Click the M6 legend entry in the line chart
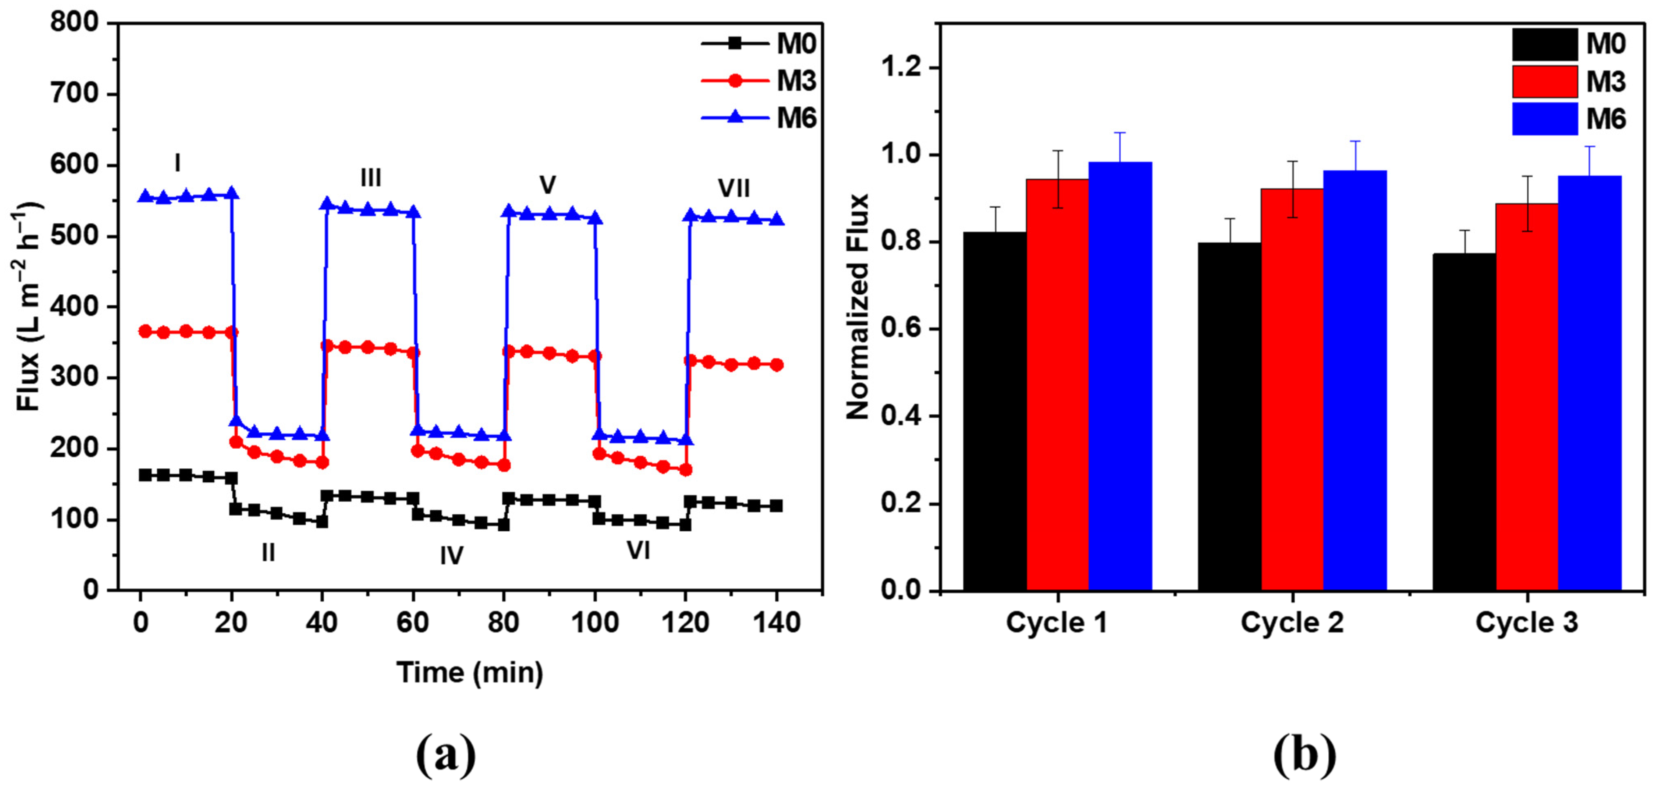click(x=760, y=118)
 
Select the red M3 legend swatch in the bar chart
click(x=1545, y=82)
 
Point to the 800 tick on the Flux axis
click(x=74, y=23)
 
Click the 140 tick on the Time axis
click(x=776, y=623)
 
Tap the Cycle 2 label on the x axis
click(x=1292, y=623)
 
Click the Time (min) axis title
click(x=470, y=673)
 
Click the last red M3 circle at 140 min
click(x=777, y=365)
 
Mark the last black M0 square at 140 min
click(x=776, y=506)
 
